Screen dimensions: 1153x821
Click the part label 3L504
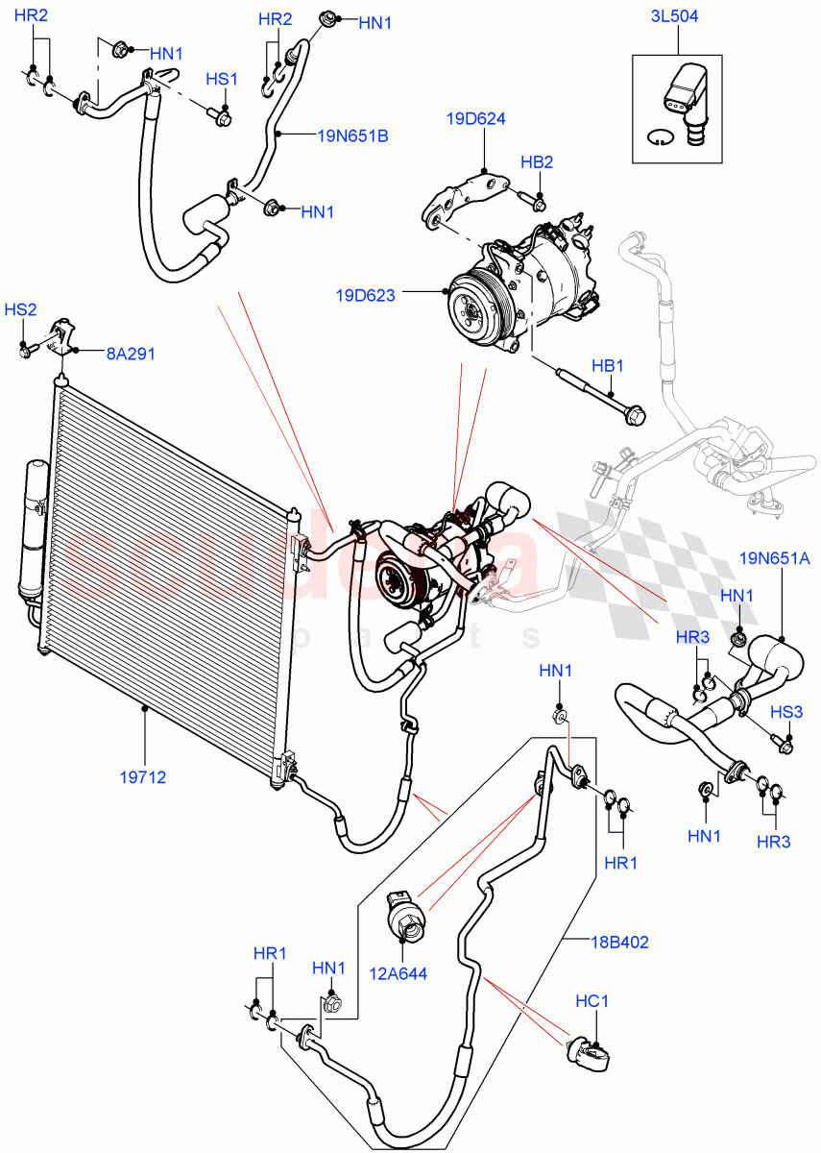coord(677,14)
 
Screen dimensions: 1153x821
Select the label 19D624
coord(474,119)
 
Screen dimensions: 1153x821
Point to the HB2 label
coord(537,162)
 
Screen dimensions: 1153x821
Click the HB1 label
coord(607,366)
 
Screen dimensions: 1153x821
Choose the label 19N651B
coord(352,135)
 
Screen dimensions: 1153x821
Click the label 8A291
coord(131,353)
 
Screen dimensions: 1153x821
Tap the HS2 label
coord(20,309)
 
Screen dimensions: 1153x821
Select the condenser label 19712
coord(144,777)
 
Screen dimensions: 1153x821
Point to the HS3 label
coord(786,711)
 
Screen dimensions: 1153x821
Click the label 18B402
coord(619,943)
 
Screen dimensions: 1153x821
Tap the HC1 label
coord(592,1001)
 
